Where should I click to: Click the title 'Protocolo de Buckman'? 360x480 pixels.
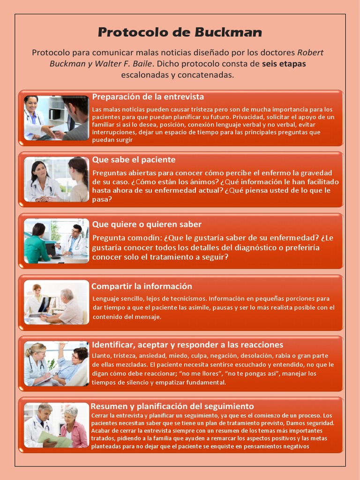pos(180,32)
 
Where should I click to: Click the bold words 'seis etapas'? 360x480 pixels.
pos(284,64)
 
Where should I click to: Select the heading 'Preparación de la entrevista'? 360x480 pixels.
pos(148,97)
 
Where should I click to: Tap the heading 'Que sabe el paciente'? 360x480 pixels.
pos(134,160)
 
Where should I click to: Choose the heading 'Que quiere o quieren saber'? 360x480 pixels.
pos(147,225)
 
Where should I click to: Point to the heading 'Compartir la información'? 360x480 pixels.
pos(142,286)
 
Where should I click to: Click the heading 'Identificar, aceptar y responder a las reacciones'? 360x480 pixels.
pos(187,345)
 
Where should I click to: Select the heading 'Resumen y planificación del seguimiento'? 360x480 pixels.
pos(172,406)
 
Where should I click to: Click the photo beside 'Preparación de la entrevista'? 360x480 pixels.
pos(56,118)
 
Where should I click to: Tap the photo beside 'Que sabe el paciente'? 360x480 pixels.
pos(56,180)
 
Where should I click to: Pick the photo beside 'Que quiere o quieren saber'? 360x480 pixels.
pos(56,241)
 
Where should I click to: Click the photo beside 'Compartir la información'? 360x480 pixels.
pos(56,302)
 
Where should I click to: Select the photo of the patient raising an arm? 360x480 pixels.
pos(56,364)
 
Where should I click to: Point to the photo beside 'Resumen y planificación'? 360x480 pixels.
pos(56,425)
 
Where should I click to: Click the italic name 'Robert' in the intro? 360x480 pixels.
pos(310,52)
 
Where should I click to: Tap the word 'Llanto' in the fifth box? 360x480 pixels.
pos(101,356)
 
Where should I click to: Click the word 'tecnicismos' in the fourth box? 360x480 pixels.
pos(187,299)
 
